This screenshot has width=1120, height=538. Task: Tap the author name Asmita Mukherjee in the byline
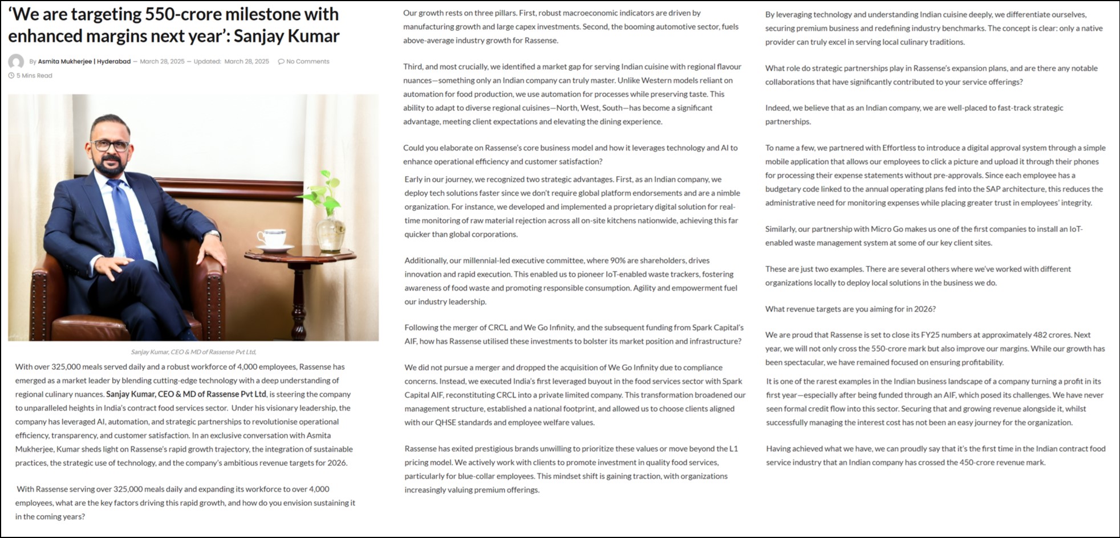click(64, 62)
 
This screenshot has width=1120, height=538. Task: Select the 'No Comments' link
click(307, 62)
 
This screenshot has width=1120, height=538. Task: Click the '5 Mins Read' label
click(34, 76)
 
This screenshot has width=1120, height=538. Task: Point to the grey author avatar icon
click(16, 62)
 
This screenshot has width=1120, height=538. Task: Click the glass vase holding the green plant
click(330, 228)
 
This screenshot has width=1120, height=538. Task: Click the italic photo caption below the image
click(193, 352)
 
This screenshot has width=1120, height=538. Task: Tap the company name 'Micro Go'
click(887, 229)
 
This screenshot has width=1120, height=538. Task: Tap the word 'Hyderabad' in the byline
click(113, 62)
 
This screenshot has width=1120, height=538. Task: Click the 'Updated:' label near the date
click(207, 62)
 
